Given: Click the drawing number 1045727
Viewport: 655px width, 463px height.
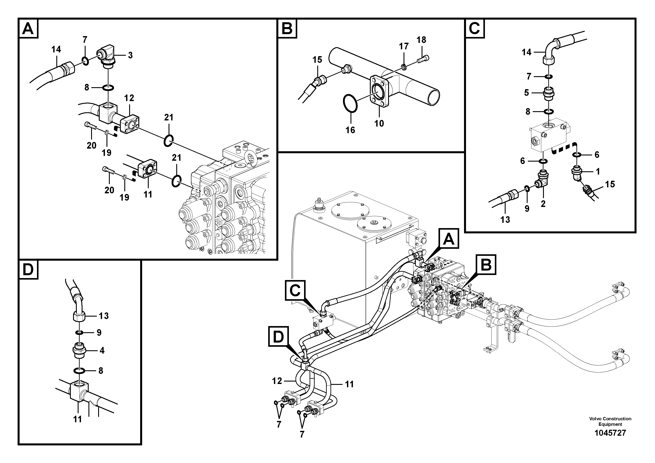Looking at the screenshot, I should click(610, 433).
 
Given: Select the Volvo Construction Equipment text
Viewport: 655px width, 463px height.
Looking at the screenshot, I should click(610, 421).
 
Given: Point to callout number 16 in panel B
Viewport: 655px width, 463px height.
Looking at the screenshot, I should click(350, 130).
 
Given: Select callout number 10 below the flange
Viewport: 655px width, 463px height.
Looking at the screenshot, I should click(379, 124).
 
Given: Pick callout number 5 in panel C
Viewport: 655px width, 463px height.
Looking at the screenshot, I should click(526, 92).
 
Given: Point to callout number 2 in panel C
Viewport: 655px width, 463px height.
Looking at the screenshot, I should click(543, 204).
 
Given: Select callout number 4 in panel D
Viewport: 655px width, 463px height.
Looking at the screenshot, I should click(102, 350).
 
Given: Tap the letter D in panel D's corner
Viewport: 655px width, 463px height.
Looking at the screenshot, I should click(28, 270).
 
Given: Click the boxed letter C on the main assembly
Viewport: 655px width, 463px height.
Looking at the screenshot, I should click(295, 291).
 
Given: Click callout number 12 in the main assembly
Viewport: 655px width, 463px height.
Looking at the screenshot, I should click(277, 381).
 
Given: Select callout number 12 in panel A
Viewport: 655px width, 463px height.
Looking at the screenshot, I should click(129, 98).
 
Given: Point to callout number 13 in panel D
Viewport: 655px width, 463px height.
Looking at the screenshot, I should click(104, 316).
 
